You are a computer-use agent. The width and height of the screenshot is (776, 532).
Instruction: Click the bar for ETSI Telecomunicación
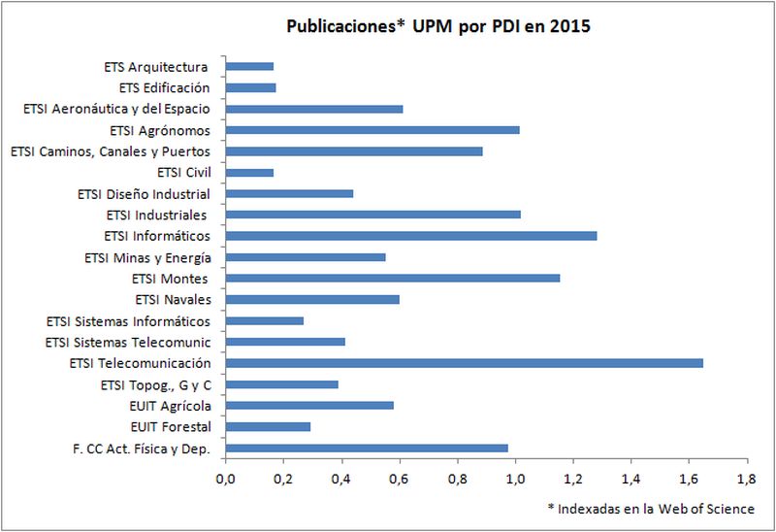464,363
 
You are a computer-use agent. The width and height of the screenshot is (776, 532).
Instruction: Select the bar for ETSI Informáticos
410,236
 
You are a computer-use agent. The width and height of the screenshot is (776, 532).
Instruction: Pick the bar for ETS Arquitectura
249,67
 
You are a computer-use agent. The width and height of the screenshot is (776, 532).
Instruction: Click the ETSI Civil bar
249,173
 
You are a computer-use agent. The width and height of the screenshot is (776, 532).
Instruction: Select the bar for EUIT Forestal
268,427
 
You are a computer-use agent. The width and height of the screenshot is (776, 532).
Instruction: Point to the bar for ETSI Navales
312,300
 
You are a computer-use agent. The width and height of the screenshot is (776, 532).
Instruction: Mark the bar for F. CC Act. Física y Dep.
367,449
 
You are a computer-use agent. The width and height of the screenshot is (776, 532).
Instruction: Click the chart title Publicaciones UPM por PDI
438,27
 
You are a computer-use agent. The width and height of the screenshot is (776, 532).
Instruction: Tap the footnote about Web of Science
649,509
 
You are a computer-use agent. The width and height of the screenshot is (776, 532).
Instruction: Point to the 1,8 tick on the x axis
746,479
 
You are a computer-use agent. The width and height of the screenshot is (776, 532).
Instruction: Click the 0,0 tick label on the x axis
225,479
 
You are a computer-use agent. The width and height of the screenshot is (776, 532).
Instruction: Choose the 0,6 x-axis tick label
399,479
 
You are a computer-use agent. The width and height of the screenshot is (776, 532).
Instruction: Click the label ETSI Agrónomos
160,130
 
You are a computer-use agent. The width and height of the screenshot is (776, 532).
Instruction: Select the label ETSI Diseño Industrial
144,194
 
